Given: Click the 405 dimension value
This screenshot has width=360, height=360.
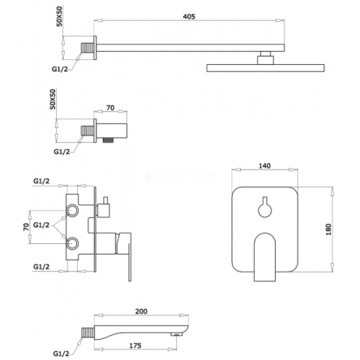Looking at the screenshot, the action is click(189, 16).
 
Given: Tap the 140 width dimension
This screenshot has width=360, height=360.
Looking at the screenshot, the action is click(264, 165).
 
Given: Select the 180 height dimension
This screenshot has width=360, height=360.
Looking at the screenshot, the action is click(328, 229).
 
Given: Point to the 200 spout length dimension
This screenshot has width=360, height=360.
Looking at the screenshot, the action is click(141, 311).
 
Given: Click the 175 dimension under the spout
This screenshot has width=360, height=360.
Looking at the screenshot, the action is click(135, 345).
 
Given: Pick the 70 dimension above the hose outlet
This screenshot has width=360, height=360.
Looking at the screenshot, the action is click(110, 108).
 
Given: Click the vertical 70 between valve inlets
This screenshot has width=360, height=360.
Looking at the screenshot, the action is click(26, 227).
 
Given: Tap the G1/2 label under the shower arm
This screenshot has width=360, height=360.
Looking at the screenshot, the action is click(60, 69).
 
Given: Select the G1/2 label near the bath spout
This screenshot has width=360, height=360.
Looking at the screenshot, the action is click(61, 354).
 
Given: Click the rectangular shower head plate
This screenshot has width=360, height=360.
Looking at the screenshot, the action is click(265, 68).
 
